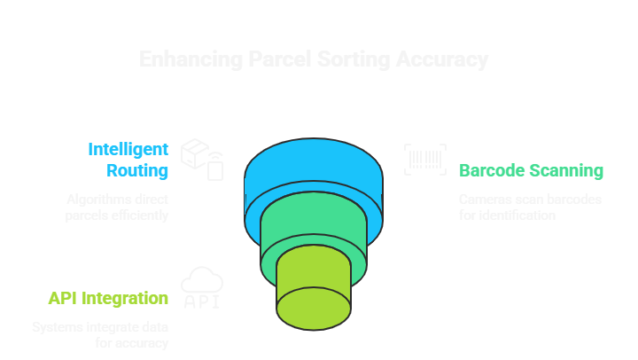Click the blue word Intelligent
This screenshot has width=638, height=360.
pyautogui.click(x=128, y=149)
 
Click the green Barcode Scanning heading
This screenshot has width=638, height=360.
pyautogui.click(x=531, y=170)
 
